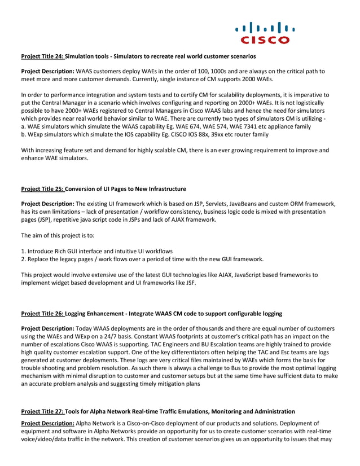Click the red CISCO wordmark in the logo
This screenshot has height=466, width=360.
click(x=265, y=40)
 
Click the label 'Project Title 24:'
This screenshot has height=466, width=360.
click(x=43, y=56)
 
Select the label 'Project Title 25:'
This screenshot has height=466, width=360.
click(x=43, y=188)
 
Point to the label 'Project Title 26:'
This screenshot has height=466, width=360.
click(x=43, y=313)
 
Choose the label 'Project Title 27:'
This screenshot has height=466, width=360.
click(x=43, y=411)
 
